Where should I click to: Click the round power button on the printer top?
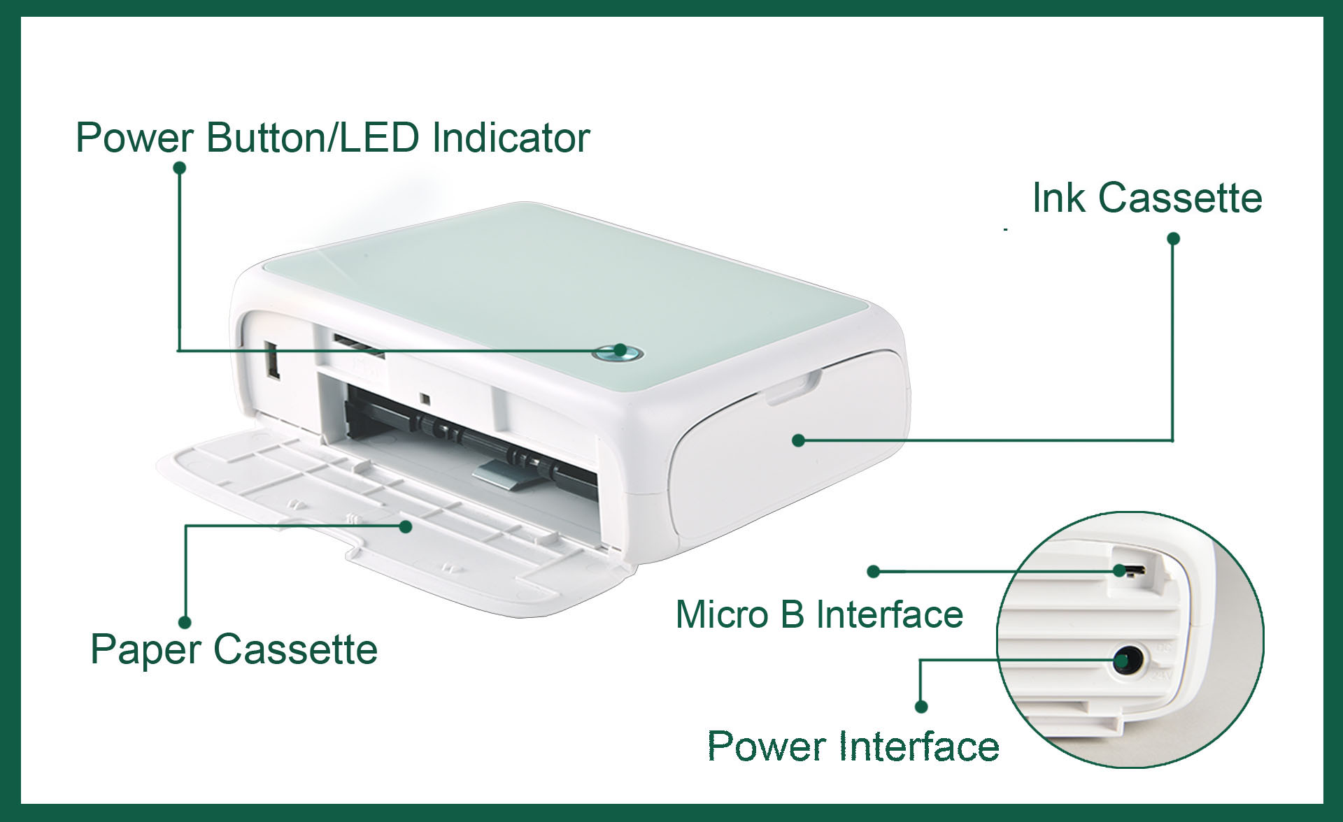pos(620,351)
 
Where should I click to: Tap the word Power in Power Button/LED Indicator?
pos(134,138)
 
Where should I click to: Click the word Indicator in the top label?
pos(511,138)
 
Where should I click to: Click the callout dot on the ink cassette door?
pos(799,440)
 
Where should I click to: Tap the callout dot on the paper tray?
pos(406,526)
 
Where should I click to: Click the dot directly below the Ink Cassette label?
pos(1174,239)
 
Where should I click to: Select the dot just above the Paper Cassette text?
pos(185,622)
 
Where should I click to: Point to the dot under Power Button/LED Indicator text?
pos(179,168)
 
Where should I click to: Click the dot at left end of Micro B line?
pos(873,572)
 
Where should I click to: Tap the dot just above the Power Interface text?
pos(921,707)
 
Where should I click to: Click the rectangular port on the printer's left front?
pos(272,361)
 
